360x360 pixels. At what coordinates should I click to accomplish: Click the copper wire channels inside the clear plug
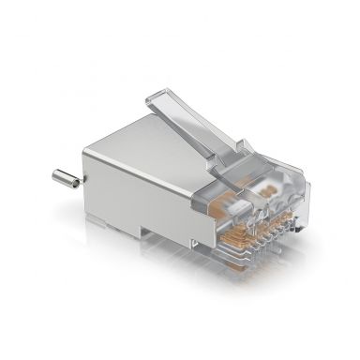click(x=244, y=202)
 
